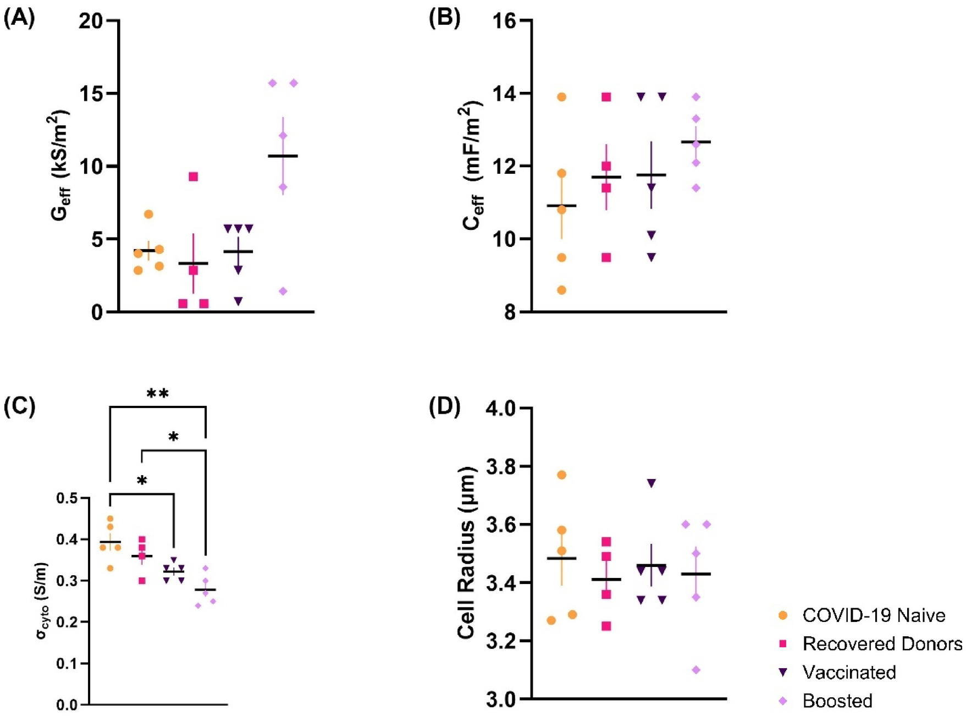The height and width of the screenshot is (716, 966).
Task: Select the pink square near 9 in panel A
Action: tap(193, 177)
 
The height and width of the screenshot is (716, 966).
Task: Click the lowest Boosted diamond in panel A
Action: tap(283, 291)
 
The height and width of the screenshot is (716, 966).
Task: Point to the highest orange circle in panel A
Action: tap(148, 214)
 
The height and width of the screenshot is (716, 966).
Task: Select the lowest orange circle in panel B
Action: tap(561, 290)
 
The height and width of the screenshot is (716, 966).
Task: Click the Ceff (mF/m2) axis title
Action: tap(473, 165)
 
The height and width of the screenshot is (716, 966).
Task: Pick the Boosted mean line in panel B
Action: tap(695, 142)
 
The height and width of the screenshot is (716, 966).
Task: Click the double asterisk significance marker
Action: tap(158, 394)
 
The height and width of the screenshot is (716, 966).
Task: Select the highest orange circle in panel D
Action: tap(561, 475)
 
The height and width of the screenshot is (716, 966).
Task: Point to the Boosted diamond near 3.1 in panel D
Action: tap(696, 670)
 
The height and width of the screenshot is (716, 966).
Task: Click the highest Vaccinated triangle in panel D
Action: tap(652, 483)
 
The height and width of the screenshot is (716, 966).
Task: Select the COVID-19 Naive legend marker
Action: tap(783, 615)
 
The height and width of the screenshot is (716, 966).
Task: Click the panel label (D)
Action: tap(444, 406)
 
